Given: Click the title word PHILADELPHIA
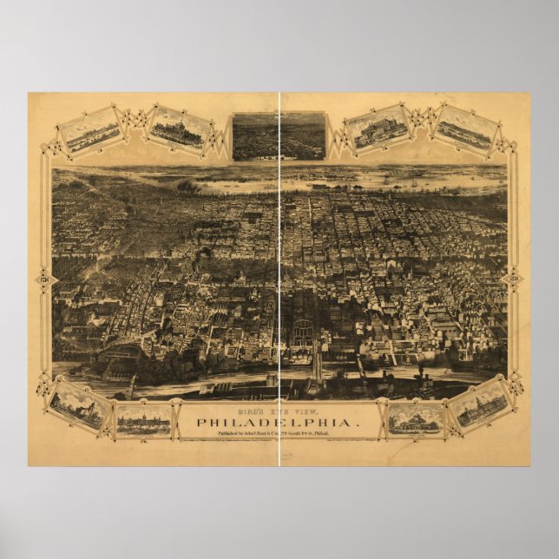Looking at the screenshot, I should (x=279, y=424).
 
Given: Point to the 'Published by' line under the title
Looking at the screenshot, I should (x=279, y=438).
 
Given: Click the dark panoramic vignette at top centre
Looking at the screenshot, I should (x=279, y=136).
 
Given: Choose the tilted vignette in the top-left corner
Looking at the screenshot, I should (x=90, y=131).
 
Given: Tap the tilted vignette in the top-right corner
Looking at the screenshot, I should (x=467, y=130).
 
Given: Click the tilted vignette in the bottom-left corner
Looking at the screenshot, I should (x=79, y=404).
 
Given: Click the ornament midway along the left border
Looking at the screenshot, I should (x=44, y=279).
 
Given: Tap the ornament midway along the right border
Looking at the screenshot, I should (x=514, y=279).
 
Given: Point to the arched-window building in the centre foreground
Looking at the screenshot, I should (x=304, y=333).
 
